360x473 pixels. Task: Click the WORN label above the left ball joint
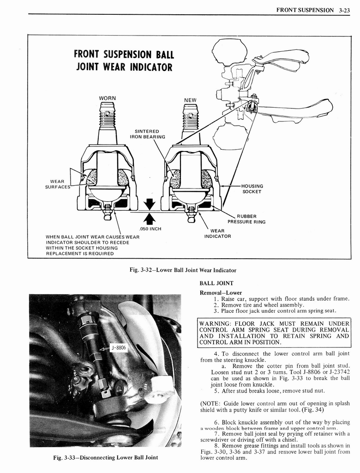tap(107, 98)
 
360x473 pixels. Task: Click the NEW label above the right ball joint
tap(190, 100)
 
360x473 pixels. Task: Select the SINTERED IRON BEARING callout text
tap(147, 134)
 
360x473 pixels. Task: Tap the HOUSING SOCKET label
tap(252, 188)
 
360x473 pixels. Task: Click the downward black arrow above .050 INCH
tap(149, 204)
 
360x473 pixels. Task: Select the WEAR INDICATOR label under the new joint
tap(217, 233)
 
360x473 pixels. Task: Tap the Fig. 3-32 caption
tap(184, 270)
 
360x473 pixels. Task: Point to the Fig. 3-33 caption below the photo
tap(105, 457)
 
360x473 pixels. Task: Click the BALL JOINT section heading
tap(216, 283)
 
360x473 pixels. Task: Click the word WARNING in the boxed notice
tap(215, 323)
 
